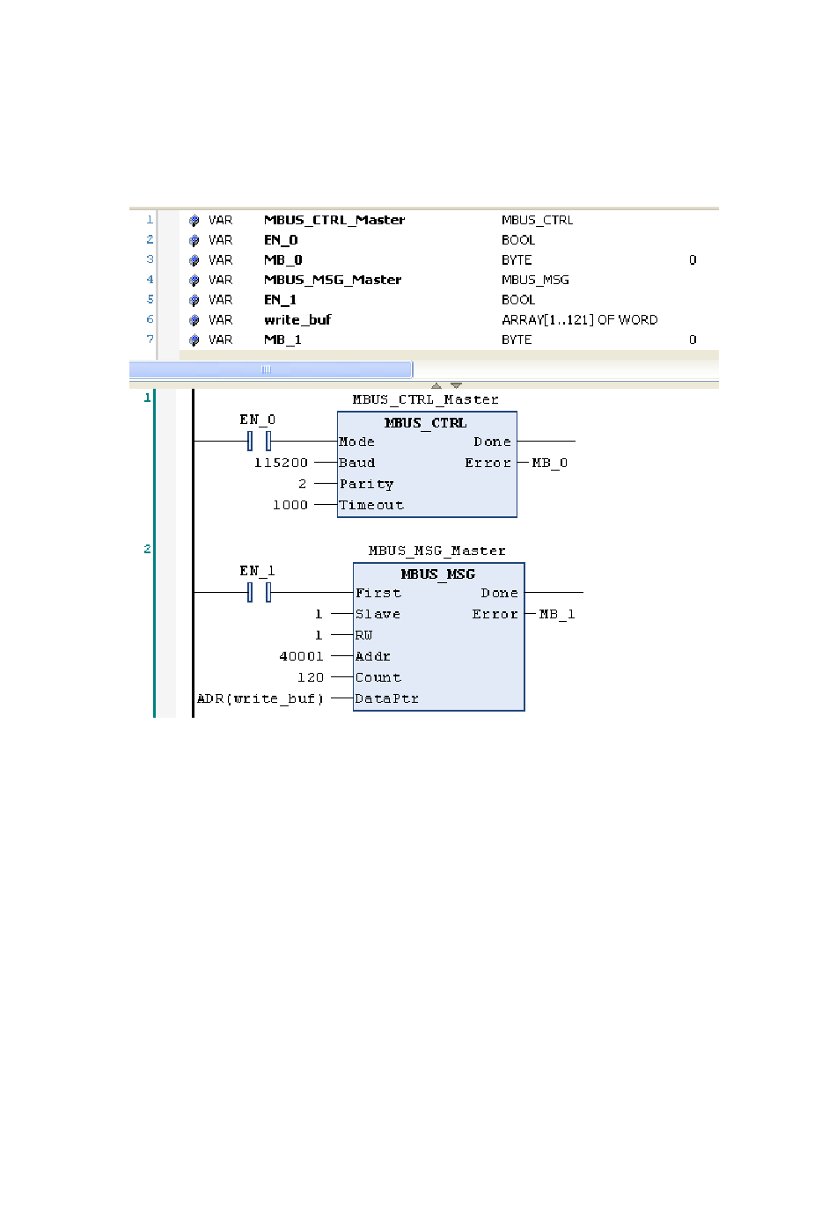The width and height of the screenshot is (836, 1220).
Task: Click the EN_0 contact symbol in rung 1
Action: (x=259, y=441)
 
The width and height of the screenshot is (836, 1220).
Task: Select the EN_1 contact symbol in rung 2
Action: (x=259, y=592)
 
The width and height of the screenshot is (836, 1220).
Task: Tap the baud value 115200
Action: (x=281, y=463)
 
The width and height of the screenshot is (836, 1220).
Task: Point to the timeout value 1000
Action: (x=290, y=505)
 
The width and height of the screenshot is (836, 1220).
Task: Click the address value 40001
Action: (x=301, y=656)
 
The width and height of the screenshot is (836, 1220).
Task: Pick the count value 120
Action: (x=310, y=677)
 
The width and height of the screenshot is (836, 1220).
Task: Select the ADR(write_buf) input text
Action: (x=260, y=698)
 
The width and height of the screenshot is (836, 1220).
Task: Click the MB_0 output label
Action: (x=549, y=463)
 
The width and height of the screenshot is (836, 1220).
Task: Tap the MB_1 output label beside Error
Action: (x=556, y=614)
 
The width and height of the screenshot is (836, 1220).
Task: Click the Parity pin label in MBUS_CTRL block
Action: (x=366, y=484)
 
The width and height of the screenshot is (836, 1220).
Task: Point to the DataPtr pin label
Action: (x=386, y=698)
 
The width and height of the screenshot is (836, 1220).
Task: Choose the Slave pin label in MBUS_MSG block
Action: (x=378, y=614)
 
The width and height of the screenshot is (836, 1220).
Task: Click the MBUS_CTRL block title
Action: (x=425, y=423)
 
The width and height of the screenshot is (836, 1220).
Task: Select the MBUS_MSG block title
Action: (x=437, y=574)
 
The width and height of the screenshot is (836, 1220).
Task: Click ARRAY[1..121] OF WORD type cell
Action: (x=579, y=320)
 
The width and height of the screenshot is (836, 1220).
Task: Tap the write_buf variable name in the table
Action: (x=297, y=320)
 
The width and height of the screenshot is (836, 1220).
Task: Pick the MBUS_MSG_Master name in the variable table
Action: (x=333, y=280)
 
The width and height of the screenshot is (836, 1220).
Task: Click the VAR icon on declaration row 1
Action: (x=194, y=221)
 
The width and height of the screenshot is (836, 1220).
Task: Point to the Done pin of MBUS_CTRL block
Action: (x=492, y=442)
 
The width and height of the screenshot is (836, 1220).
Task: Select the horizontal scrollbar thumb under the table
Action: (x=270, y=369)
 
